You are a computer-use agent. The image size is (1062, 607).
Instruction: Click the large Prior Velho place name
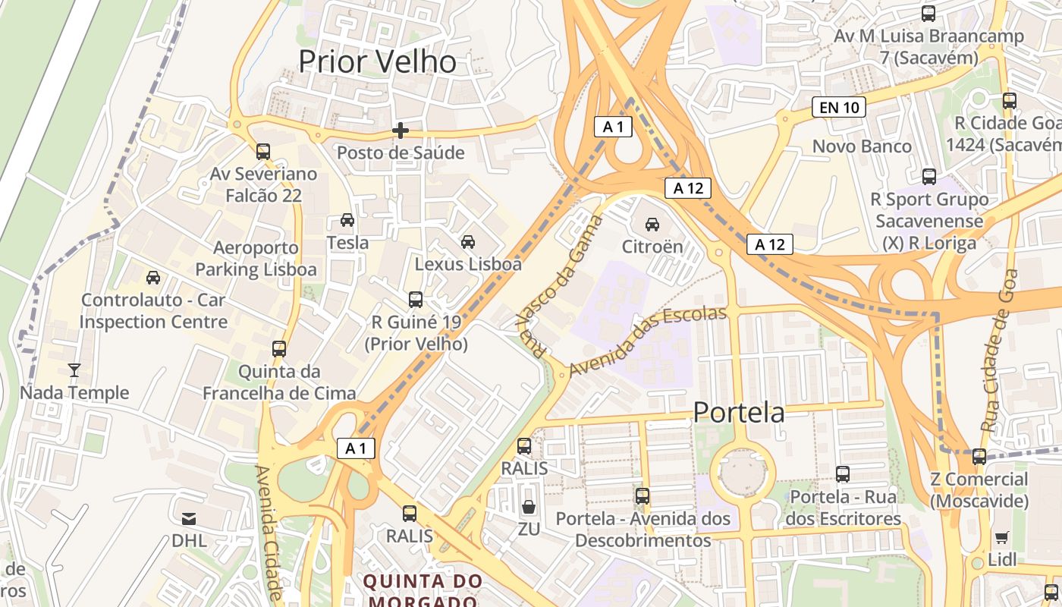[x=377, y=61]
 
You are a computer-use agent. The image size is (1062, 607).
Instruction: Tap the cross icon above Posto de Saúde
[x=400, y=131]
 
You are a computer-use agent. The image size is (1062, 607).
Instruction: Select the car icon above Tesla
[x=347, y=220]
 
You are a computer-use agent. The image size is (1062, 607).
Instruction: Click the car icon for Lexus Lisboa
[x=468, y=242]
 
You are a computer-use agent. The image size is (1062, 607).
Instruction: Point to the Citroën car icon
[x=652, y=224]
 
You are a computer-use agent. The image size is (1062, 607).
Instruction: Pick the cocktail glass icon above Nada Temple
[x=74, y=370]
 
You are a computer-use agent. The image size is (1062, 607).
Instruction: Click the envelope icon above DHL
[x=189, y=519]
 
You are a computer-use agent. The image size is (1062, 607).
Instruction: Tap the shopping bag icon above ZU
[x=529, y=507]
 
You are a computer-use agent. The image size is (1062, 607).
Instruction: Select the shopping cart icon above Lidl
[x=1001, y=538]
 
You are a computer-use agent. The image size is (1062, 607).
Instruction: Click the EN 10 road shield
[x=839, y=108]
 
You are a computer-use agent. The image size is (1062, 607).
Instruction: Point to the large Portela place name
[x=740, y=413]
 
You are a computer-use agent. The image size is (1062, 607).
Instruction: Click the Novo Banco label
[x=862, y=146]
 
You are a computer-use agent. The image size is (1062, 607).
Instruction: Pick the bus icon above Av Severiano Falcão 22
[x=263, y=152]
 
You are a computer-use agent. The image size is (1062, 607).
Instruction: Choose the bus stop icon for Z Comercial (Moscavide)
[x=979, y=457]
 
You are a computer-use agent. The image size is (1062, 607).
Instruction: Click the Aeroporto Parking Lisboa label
[x=256, y=259]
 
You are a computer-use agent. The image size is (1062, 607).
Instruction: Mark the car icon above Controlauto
[x=153, y=278]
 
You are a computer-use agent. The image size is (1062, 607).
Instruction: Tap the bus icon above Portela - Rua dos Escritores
[x=843, y=474]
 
